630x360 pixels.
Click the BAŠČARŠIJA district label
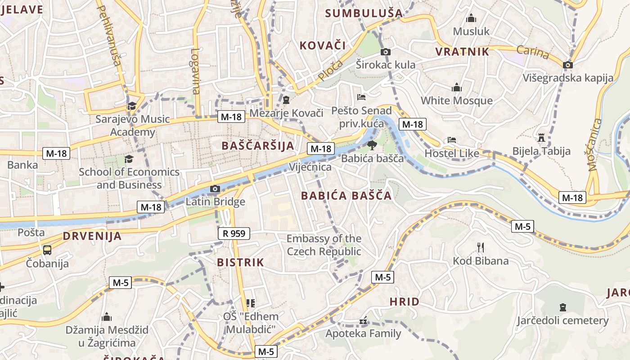(x=258, y=145)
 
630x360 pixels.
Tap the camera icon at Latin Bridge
(x=215, y=189)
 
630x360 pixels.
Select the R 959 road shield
(x=234, y=233)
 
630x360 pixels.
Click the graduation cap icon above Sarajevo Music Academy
(x=132, y=106)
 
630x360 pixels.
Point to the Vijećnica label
(x=310, y=167)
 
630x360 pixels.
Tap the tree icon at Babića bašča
(x=372, y=145)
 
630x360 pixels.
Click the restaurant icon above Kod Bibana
(x=481, y=247)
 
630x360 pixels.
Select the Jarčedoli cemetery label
(x=562, y=320)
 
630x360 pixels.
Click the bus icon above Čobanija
(x=47, y=250)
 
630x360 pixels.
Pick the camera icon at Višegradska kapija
(x=568, y=65)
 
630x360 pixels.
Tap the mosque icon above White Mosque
(x=457, y=87)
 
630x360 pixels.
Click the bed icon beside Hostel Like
(x=452, y=140)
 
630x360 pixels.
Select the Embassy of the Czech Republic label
(x=324, y=245)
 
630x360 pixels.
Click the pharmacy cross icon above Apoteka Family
(x=363, y=321)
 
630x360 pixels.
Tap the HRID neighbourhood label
(x=404, y=301)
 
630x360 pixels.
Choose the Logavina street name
(x=195, y=71)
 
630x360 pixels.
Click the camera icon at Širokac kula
(x=386, y=52)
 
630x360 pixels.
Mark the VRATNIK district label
(x=462, y=52)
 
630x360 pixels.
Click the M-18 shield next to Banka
(x=56, y=153)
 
